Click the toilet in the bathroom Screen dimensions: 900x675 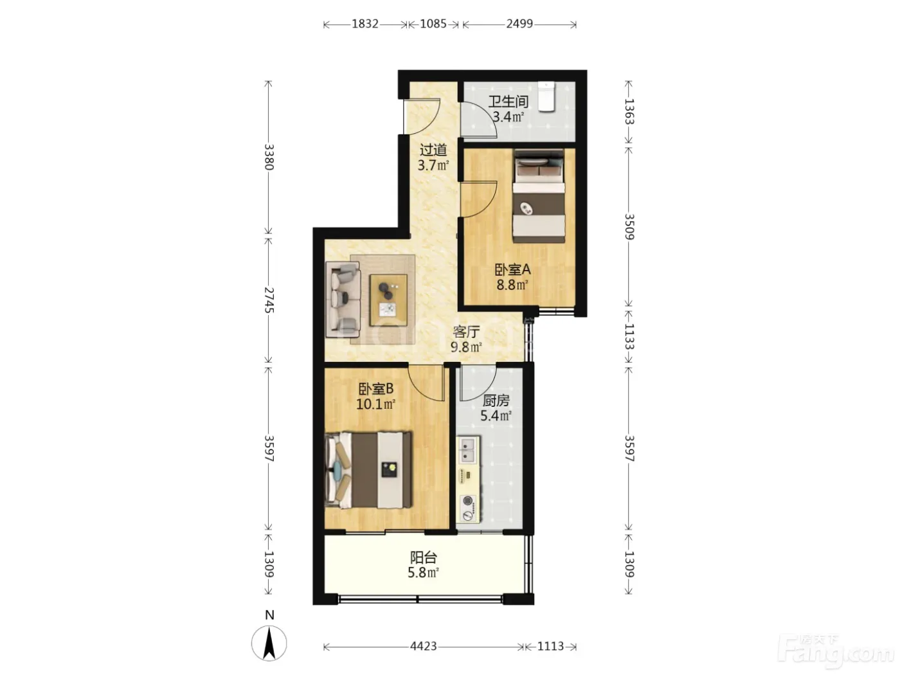click(x=546, y=96)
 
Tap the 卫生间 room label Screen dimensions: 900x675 click(x=508, y=101)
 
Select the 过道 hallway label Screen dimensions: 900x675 click(x=433, y=150)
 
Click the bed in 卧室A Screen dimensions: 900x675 click(x=539, y=196)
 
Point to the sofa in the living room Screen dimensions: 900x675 click(x=343, y=300)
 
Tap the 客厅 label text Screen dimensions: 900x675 click(x=466, y=332)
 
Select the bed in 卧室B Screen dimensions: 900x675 click(x=368, y=470)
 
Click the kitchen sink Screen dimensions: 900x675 click(x=468, y=449)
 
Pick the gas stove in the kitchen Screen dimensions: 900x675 click(x=468, y=509)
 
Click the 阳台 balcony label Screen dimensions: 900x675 click(x=424, y=557)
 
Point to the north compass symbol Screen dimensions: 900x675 click(x=269, y=643)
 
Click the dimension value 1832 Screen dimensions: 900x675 click(x=365, y=24)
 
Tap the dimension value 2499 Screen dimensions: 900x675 click(x=519, y=24)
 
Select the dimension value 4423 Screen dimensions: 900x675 click(x=424, y=646)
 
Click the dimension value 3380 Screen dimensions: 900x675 click(x=269, y=157)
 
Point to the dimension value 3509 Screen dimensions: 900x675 click(x=629, y=227)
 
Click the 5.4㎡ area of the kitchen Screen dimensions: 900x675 click(x=496, y=416)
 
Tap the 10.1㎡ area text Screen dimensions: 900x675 click(x=375, y=404)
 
